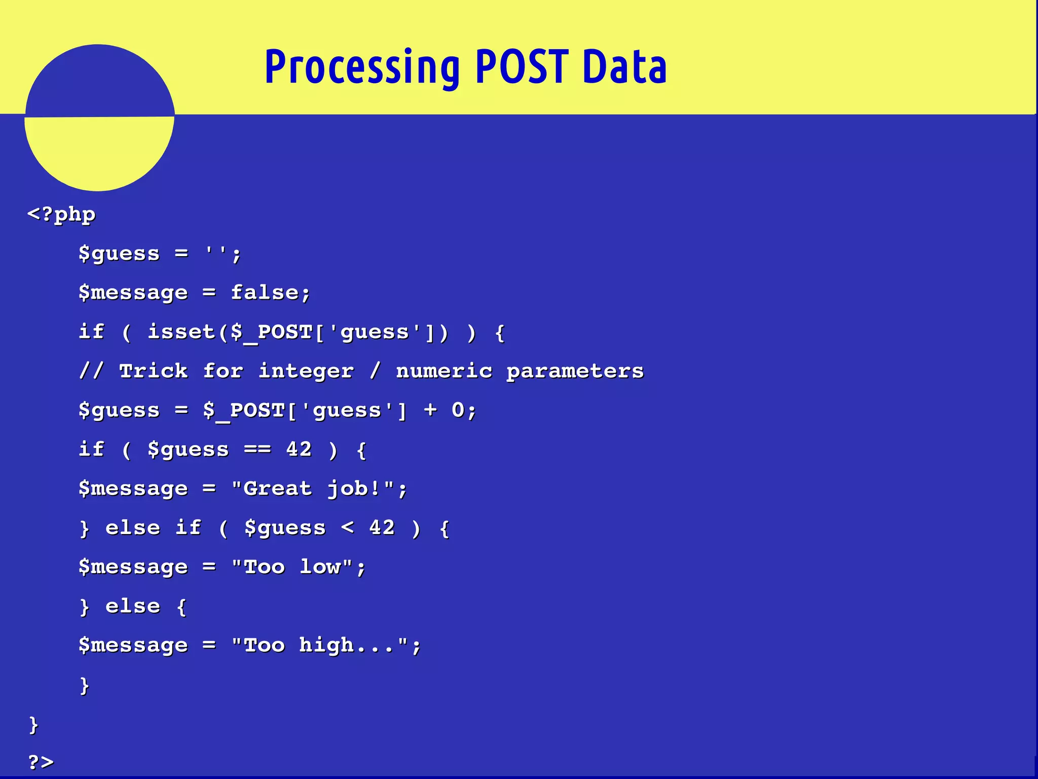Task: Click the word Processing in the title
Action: [362, 67]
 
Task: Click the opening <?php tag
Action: [61, 215]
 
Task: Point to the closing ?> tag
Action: [41, 761]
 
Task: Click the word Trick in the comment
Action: [154, 371]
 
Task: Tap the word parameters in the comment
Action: [575, 371]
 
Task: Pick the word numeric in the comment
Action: [444, 371]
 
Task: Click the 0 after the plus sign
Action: [458, 410]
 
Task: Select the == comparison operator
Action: [257, 449]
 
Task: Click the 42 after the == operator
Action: [299, 449]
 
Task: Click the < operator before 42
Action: [348, 527]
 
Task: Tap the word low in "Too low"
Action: [320, 566]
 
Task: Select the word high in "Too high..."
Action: [326, 645]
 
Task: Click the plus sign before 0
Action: [430, 410]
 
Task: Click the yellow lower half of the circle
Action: [99, 152]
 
